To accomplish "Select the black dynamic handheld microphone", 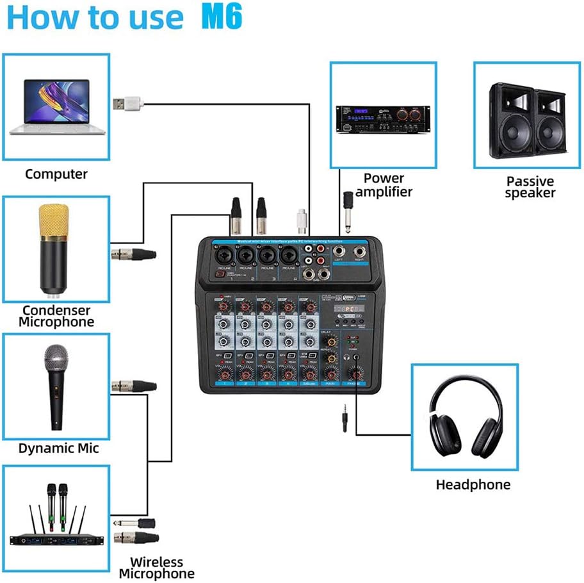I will [x=56, y=385].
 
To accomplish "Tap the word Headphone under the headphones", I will [x=473, y=485].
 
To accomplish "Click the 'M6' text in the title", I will [x=222, y=17].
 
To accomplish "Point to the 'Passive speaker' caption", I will [x=530, y=187].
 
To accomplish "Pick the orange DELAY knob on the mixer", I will [x=330, y=342].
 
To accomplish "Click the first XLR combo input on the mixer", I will [x=225, y=255].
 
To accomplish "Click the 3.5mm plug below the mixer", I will [x=345, y=421].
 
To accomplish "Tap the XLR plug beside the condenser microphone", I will [x=134, y=254].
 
